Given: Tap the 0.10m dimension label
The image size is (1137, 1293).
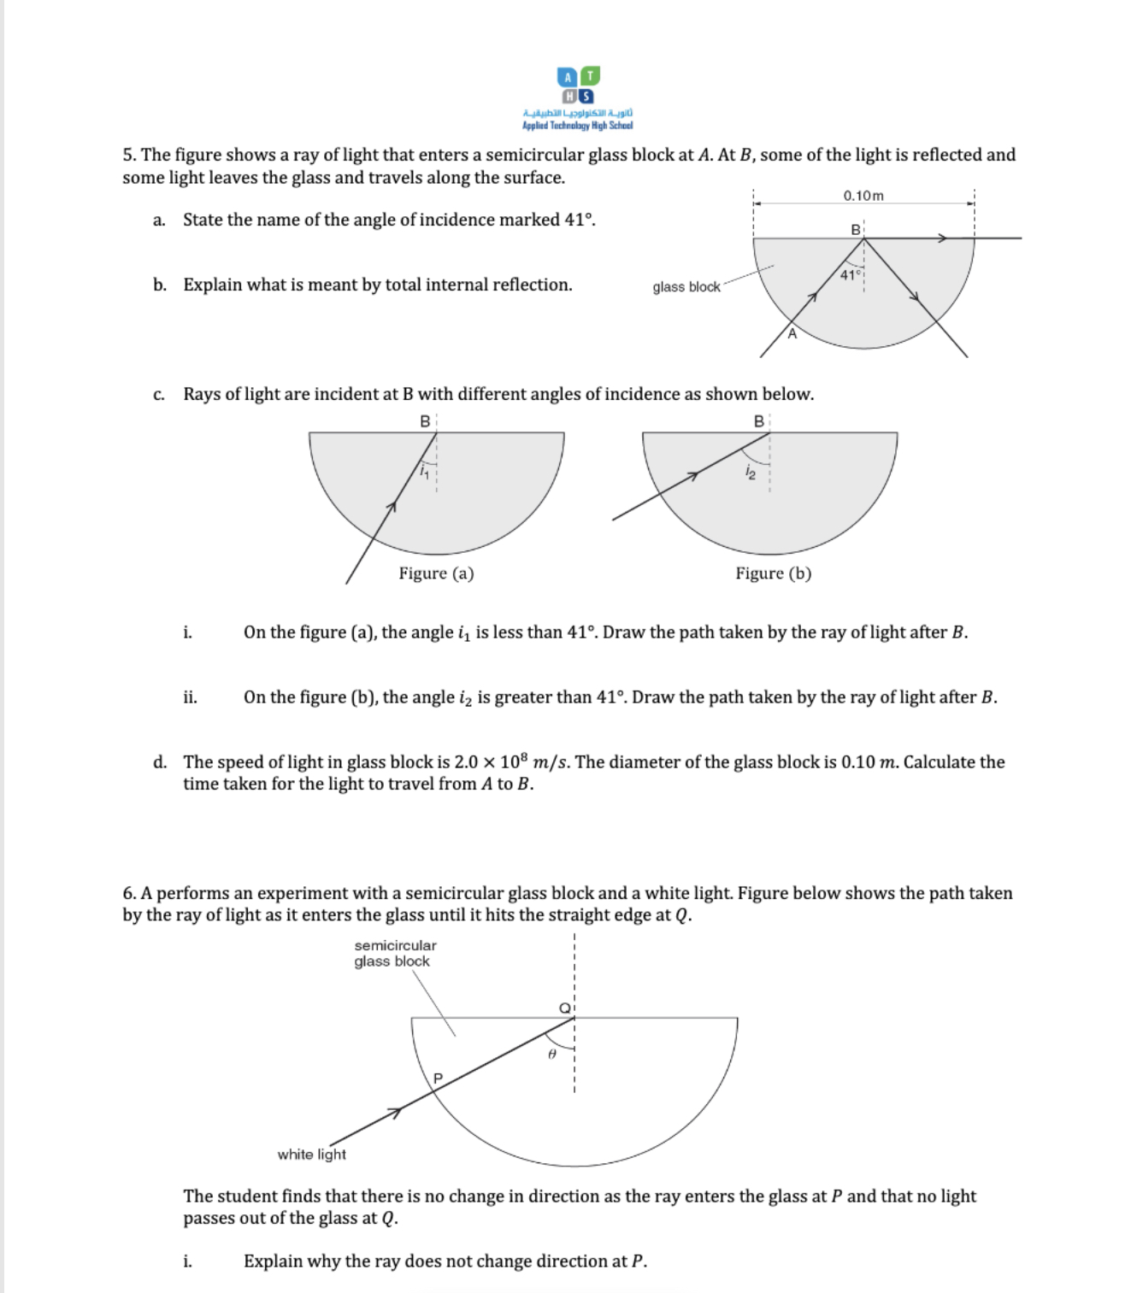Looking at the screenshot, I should pos(863,196).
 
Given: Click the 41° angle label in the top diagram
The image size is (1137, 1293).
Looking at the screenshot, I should pos(849,275).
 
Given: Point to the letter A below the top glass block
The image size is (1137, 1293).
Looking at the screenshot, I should pos(792,334).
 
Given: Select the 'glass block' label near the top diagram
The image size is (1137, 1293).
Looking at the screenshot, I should pos(686,287).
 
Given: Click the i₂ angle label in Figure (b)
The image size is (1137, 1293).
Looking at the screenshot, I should pos(750,472).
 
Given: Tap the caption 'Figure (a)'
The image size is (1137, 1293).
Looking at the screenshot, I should pos(436,573).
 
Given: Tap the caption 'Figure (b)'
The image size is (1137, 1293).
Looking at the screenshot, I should pos(773,573).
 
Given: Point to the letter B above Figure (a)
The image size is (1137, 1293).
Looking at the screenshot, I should pos(425,421).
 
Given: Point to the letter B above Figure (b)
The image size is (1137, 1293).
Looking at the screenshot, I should pos(758,421).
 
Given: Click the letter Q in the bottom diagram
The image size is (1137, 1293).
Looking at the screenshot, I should pos(564,1008).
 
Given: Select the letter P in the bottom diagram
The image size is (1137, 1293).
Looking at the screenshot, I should pos(439,1078).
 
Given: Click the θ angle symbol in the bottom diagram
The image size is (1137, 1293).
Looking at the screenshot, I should pos(552,1055).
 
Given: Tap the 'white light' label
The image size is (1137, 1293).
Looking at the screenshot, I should pos(311,1155).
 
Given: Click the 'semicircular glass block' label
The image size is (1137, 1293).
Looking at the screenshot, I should pos(394,953).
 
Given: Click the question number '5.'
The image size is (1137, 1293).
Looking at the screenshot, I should pos(129,155).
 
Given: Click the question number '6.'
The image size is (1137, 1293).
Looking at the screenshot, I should pos(129,893).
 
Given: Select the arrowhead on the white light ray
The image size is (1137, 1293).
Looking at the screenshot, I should pos(394,1113).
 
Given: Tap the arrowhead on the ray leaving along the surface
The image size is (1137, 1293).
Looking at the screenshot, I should pos(941,238).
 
